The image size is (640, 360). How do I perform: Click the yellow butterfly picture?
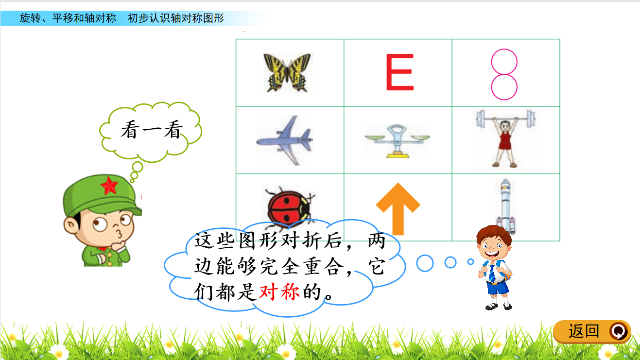(287, 72)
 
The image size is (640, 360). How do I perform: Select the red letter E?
(400, 72)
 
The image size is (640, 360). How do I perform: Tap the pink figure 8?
(504, 74)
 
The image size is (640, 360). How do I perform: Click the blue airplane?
(285, 140)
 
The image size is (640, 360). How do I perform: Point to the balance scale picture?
(397, 141)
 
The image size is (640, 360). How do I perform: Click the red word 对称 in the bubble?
(279, 292)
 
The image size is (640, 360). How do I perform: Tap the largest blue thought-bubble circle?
(425, 263)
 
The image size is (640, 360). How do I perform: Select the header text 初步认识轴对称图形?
(176, 18)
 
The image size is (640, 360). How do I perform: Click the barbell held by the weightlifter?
(505, 119)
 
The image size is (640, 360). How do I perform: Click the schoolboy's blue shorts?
(498, 288)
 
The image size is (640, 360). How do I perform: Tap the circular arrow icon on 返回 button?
(619, 331)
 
